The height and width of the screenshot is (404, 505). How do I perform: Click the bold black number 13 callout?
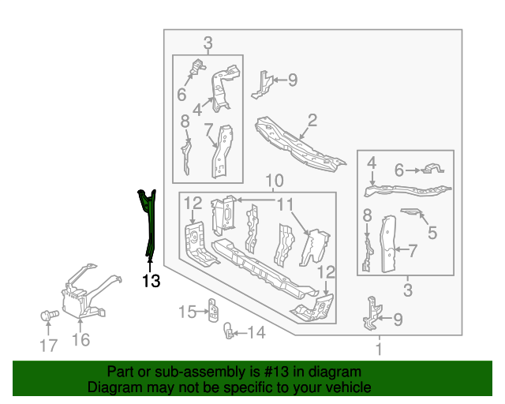click(x=151, y=281)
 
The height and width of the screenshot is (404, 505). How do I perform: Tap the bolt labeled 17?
click(x=49, y=315)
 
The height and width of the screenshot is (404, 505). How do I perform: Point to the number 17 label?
click(x=48, y=346)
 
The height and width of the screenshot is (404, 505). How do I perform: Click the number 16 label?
click(x=80, y=339)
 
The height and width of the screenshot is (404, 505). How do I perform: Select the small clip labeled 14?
click(x=228, y=331)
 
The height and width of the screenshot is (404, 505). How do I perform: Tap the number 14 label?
click(x=256, y=332)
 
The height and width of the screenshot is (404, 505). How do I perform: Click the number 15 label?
click(x=188, y=312)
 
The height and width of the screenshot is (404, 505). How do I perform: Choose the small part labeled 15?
click(x=212, y=310)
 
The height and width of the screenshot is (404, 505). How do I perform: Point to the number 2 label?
click(x=312, y=120)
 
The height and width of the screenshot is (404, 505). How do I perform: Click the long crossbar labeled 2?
click(x=299, y=144)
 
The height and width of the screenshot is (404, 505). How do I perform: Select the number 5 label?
click(x=432, y=232)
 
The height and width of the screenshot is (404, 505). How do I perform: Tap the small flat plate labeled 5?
click(x=412, y=211)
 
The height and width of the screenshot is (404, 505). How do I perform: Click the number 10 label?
click(x=275, y=181)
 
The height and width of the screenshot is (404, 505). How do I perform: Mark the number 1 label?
click(x=380, y=350)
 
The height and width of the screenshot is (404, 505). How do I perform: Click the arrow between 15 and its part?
click(x=202, y=312)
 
